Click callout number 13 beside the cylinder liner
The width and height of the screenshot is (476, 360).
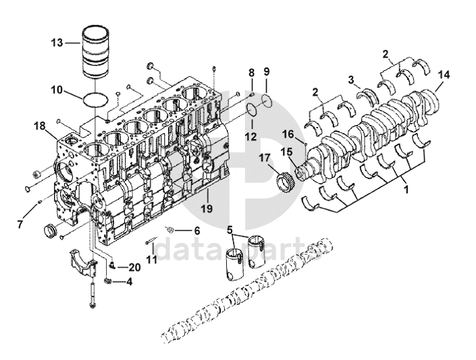click(x=57, y=43)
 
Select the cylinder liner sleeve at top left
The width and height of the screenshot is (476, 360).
click(x=96, y=52)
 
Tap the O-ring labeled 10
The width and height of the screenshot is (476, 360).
click(x=95, y=99)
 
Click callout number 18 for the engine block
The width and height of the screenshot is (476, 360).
click(x=39, y=126)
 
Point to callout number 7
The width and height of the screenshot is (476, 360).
click(x=20, y=224)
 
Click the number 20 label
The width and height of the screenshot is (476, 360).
click(x=134, y=267)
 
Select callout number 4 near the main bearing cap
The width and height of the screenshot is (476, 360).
click(x=129, y=282)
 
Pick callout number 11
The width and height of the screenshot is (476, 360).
click(x=151, y=259)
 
